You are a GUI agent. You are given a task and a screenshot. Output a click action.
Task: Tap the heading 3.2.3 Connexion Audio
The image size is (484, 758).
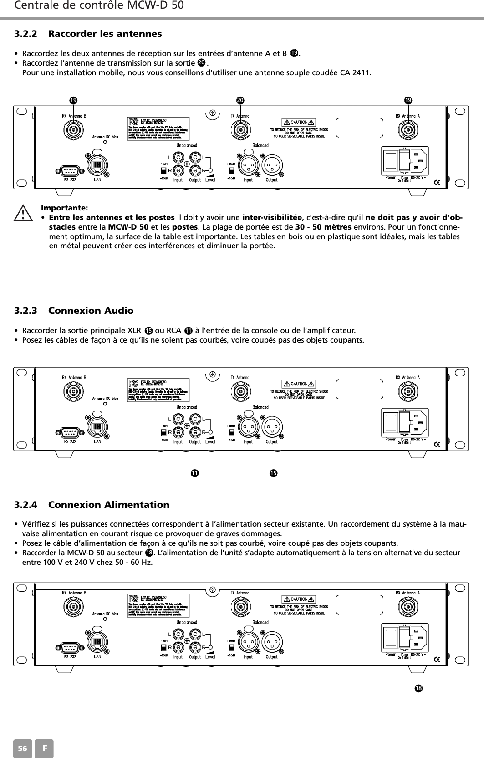click(74, 311)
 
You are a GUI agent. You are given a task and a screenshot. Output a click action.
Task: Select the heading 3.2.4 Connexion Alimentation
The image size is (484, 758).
click(92, 505)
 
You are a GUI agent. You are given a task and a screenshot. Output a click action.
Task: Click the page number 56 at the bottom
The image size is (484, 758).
click(21, 749)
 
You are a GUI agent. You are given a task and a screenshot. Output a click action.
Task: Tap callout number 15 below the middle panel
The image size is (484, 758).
click(273, 474)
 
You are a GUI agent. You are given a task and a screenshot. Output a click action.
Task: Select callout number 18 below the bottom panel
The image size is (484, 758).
click(418, 687)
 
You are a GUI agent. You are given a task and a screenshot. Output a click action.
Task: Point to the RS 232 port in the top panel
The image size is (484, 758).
click(70, 171)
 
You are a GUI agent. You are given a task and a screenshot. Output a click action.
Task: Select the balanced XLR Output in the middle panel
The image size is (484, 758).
click(272, 426)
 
